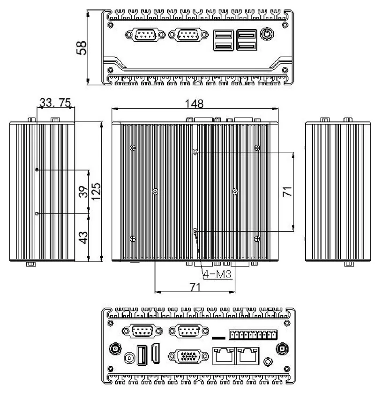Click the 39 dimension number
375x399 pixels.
pyautogui.click(x=83, y=192)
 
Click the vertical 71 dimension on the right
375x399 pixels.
pyautogui.click(x=287, y=191)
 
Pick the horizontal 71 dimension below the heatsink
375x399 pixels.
pyautogui.click(x=195, y=287)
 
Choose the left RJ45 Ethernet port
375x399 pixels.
pyautogui.click(x=223, y=355)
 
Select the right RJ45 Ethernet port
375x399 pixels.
pyautogui.click(x=249, y=355)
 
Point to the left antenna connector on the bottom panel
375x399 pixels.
pyautogui.click(x=114, y=348)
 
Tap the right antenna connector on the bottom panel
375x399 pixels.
pyautogui.click(x=282, y=348)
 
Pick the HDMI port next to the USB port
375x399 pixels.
pyautogui.click(x=157, y=355)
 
